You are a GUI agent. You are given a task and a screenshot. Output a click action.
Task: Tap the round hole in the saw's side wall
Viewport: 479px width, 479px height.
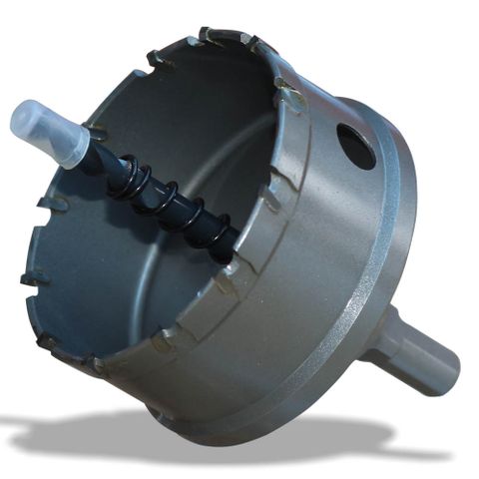tap(356, 146)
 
